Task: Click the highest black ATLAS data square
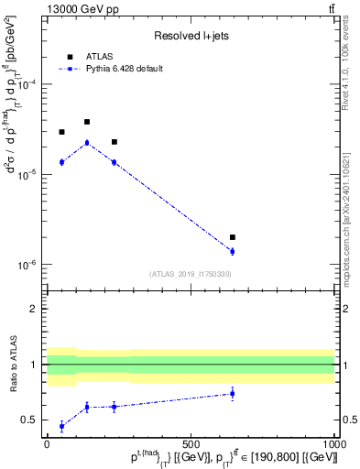[87, 122]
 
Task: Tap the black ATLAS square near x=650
[233, 237]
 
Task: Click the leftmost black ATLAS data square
[61, 132]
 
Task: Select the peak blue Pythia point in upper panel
[87, 143]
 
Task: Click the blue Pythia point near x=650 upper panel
[233, 251]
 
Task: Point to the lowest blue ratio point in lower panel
[61, 426]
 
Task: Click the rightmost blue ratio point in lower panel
[233, 394]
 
